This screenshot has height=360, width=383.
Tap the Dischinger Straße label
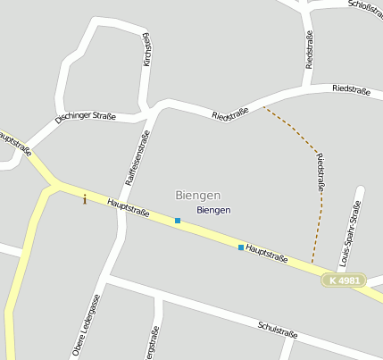pyautogui.click(x=86, y=118)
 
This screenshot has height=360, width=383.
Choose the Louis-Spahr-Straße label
pyautogui.click(x=350, y=235)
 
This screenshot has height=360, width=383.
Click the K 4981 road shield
pyautogui.click(x=344, y=280)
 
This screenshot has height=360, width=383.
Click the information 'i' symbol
pyautogui.click(x=85, y=198)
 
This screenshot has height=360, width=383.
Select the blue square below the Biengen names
pyautogui.click(x=178, y=220)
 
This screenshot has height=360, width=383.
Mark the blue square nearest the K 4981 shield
pyautogui.click(x=241, y=247)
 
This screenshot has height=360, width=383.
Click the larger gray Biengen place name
pyautogui.click(x=198, y=195)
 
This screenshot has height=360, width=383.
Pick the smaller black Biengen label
pyautogui.click(x=213, y=210)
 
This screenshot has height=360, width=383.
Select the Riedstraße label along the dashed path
pyautogui.click(x=320, y=173)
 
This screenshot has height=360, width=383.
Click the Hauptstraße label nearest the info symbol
pyautogui.click(x=128, y=208)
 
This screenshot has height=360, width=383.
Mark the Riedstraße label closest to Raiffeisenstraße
pyautogui.click(x=230, y=114)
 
